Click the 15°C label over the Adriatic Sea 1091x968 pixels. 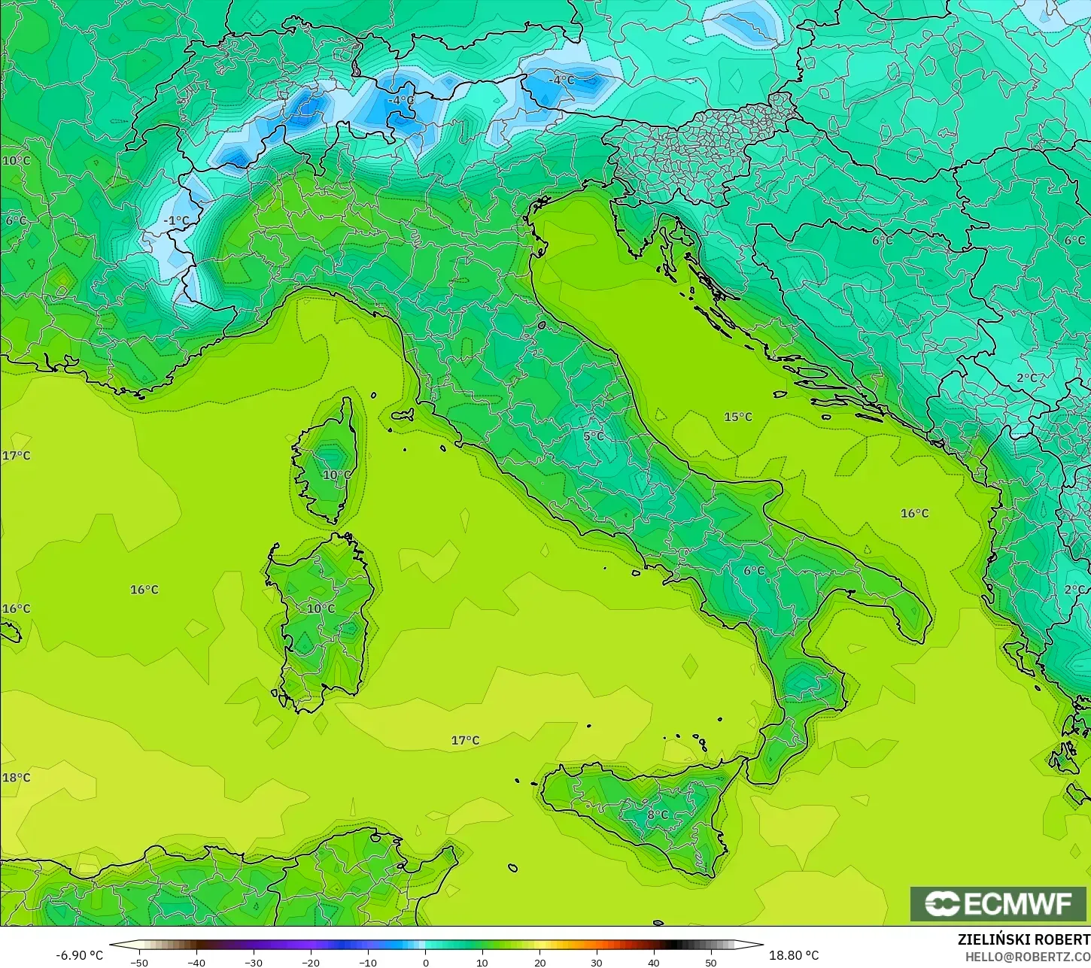[x=737, y=417]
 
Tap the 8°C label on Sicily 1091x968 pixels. [x=657, y=815]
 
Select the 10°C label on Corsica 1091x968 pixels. [x=336, y=475]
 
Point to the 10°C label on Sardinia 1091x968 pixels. [x=321, y=608]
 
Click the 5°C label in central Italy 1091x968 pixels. [x=593, y=435]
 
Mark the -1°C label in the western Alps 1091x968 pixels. [x=177, y=220]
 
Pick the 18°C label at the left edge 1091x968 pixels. [x=16, y=777]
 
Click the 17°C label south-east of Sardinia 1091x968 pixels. [x=465, y=740]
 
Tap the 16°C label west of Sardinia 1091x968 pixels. [x=144, y=590]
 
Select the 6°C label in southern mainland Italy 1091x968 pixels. [x=754, y=571]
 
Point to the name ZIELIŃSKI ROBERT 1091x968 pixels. [x=1023, y=940]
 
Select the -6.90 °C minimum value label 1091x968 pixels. [x=80, y=955]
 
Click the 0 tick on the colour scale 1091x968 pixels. [x=425, y=962]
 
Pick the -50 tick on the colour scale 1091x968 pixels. [x=138, y=962]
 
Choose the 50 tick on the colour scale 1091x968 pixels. [x=711, y=962]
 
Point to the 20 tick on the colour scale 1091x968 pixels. [x=539, y=962]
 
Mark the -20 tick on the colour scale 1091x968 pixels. [x=310, y=962]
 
